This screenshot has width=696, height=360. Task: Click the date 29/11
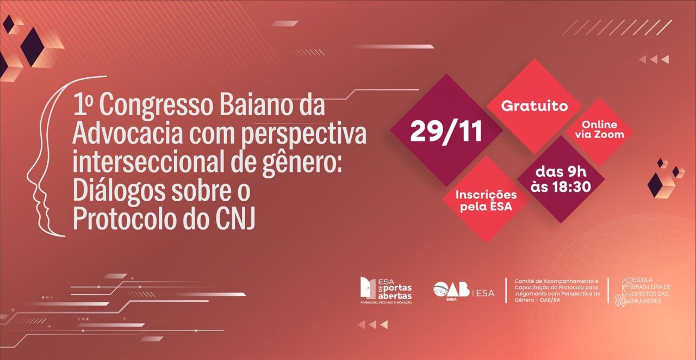tap(446, 132)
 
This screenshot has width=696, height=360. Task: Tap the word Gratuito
tap(534, 105)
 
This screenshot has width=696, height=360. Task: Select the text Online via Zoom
tap(599, 129)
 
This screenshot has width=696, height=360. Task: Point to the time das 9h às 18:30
tap(560, 179)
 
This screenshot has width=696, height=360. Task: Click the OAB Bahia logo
tap(451, 291)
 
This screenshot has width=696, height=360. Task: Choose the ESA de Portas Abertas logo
tap(386, 290)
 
